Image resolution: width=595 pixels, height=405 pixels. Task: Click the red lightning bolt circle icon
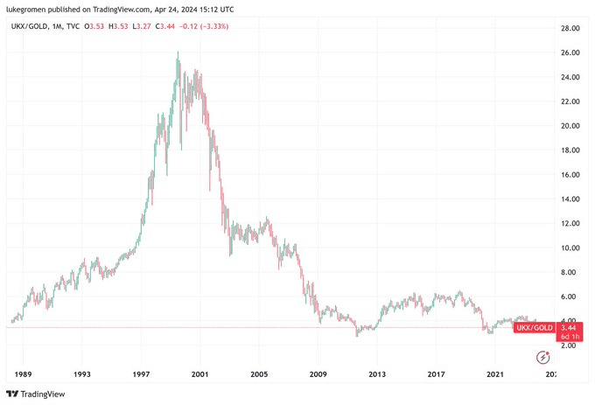tap(544, 356)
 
